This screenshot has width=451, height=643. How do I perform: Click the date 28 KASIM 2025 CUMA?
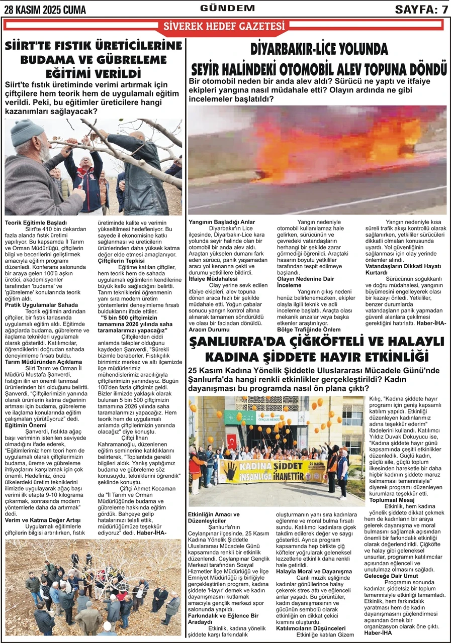coord(45,10)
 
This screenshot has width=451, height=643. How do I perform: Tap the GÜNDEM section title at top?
coord(227,8)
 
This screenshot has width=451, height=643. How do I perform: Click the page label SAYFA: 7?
coord(421,10)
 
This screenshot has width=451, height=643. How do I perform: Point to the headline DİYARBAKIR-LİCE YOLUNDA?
coord(319,49)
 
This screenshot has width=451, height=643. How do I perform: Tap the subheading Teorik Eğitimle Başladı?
coord(36,222)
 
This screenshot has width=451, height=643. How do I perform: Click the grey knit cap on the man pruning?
coord(28,132)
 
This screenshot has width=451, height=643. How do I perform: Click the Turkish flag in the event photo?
coord(232,440)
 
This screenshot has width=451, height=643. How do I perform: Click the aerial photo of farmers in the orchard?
coord(93,587)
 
